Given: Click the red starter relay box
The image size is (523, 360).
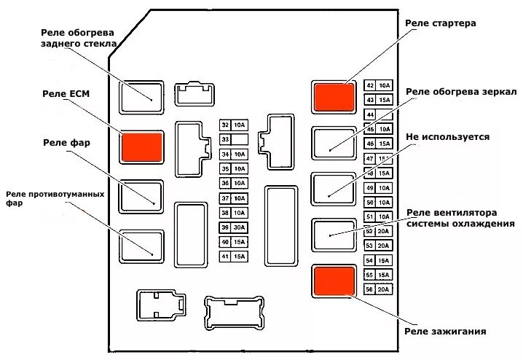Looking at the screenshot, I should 334,96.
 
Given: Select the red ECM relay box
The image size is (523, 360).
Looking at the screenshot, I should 142,146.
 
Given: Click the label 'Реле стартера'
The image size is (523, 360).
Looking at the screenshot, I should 440,23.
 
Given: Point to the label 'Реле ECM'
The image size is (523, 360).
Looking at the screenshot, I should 66,94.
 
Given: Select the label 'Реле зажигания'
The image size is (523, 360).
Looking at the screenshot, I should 445,332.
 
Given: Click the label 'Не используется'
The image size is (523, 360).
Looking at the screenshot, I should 447,136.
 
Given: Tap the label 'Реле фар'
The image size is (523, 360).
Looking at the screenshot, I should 66,143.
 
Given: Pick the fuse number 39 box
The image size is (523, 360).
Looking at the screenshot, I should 225,227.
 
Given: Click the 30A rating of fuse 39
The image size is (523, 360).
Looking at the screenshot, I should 240,227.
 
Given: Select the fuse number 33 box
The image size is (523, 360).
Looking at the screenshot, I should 225,139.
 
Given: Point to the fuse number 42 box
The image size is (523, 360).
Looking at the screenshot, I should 370,86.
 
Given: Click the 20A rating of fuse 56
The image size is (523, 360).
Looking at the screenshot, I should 385,289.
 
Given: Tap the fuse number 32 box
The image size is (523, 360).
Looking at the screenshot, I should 225,125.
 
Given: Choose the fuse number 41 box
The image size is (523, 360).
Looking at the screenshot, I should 225,257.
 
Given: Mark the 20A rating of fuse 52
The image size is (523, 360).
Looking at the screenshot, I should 385,231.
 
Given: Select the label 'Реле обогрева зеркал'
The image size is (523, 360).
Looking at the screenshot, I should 460,92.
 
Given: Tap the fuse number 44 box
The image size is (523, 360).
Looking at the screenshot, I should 370,114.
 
